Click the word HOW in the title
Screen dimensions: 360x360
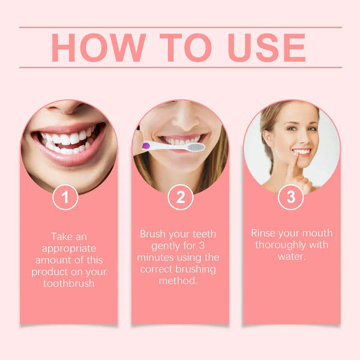click(x=95, y=47)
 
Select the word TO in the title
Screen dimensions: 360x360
click(x=182, y=47)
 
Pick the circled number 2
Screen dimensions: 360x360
click(x=180, y=197)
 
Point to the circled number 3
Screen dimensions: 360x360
click(x=291, y=197)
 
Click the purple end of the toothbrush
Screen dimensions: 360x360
click(x=145, y=146)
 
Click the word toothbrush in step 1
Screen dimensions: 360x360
click(x=69, y=283)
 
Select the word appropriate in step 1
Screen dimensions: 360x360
click(x=69, y=248)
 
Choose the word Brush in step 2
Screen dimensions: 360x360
click(x=154, y=233)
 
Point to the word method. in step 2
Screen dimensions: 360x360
click(x=178, y=281)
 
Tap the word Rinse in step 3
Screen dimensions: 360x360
click(x=264, y=233)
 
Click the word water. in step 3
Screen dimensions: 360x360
click(x=291, y=257)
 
